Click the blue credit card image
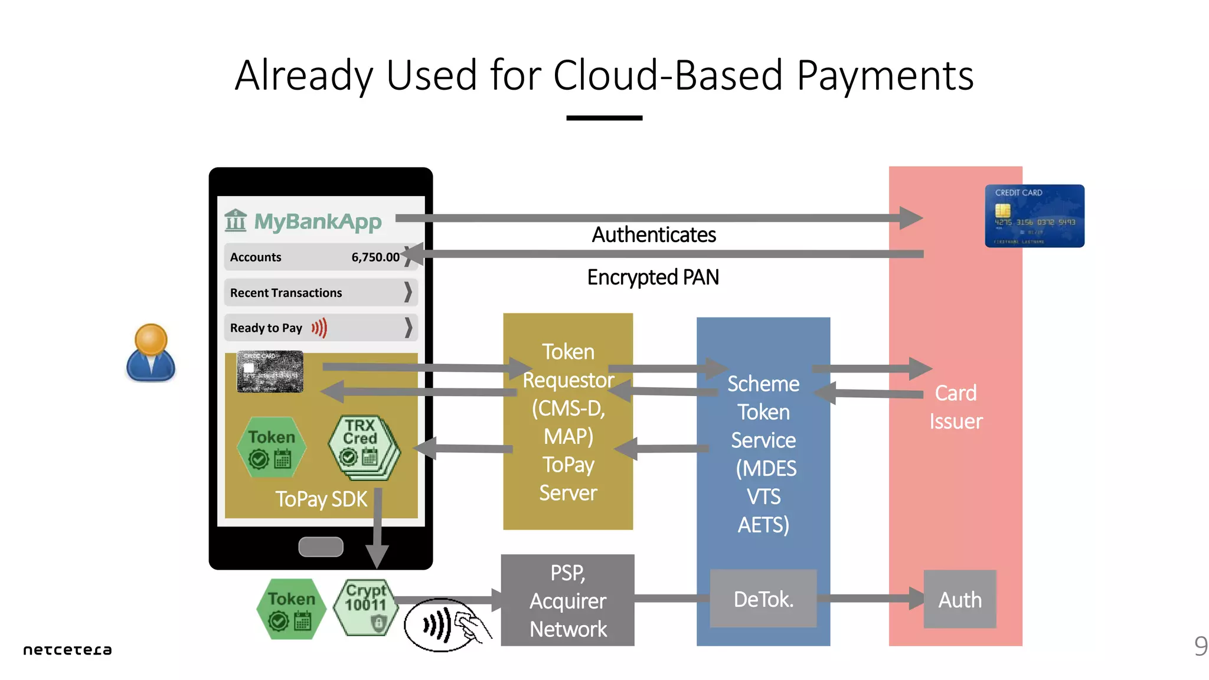pyautogui.click(x=1034, y=216)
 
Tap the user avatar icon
pyautogui.click(x=151, y=352)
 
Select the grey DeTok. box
pyautogui.click(x=763, y=599)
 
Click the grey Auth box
pyautogui.click(x=960, y=600)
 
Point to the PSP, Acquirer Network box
pyautogui.click(x=567, y=600)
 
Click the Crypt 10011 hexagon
pyautogui.click(x=365, y=607)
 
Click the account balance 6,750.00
pyautogui.click(x=375, y=257)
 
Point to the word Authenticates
pyautogui.click(x=654, y=235)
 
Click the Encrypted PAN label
pyautogui.click(x=653, y=277)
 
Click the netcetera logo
pyautogui.click(x=67, y=649)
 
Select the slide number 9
pyautogui.click(x=1201, y=646)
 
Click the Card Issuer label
pyautogui.click(x=956, y=407)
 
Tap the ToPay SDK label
pyautogui.click(x=321, y=499)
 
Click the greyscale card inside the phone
pyautogui.click(x=270, y=372)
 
